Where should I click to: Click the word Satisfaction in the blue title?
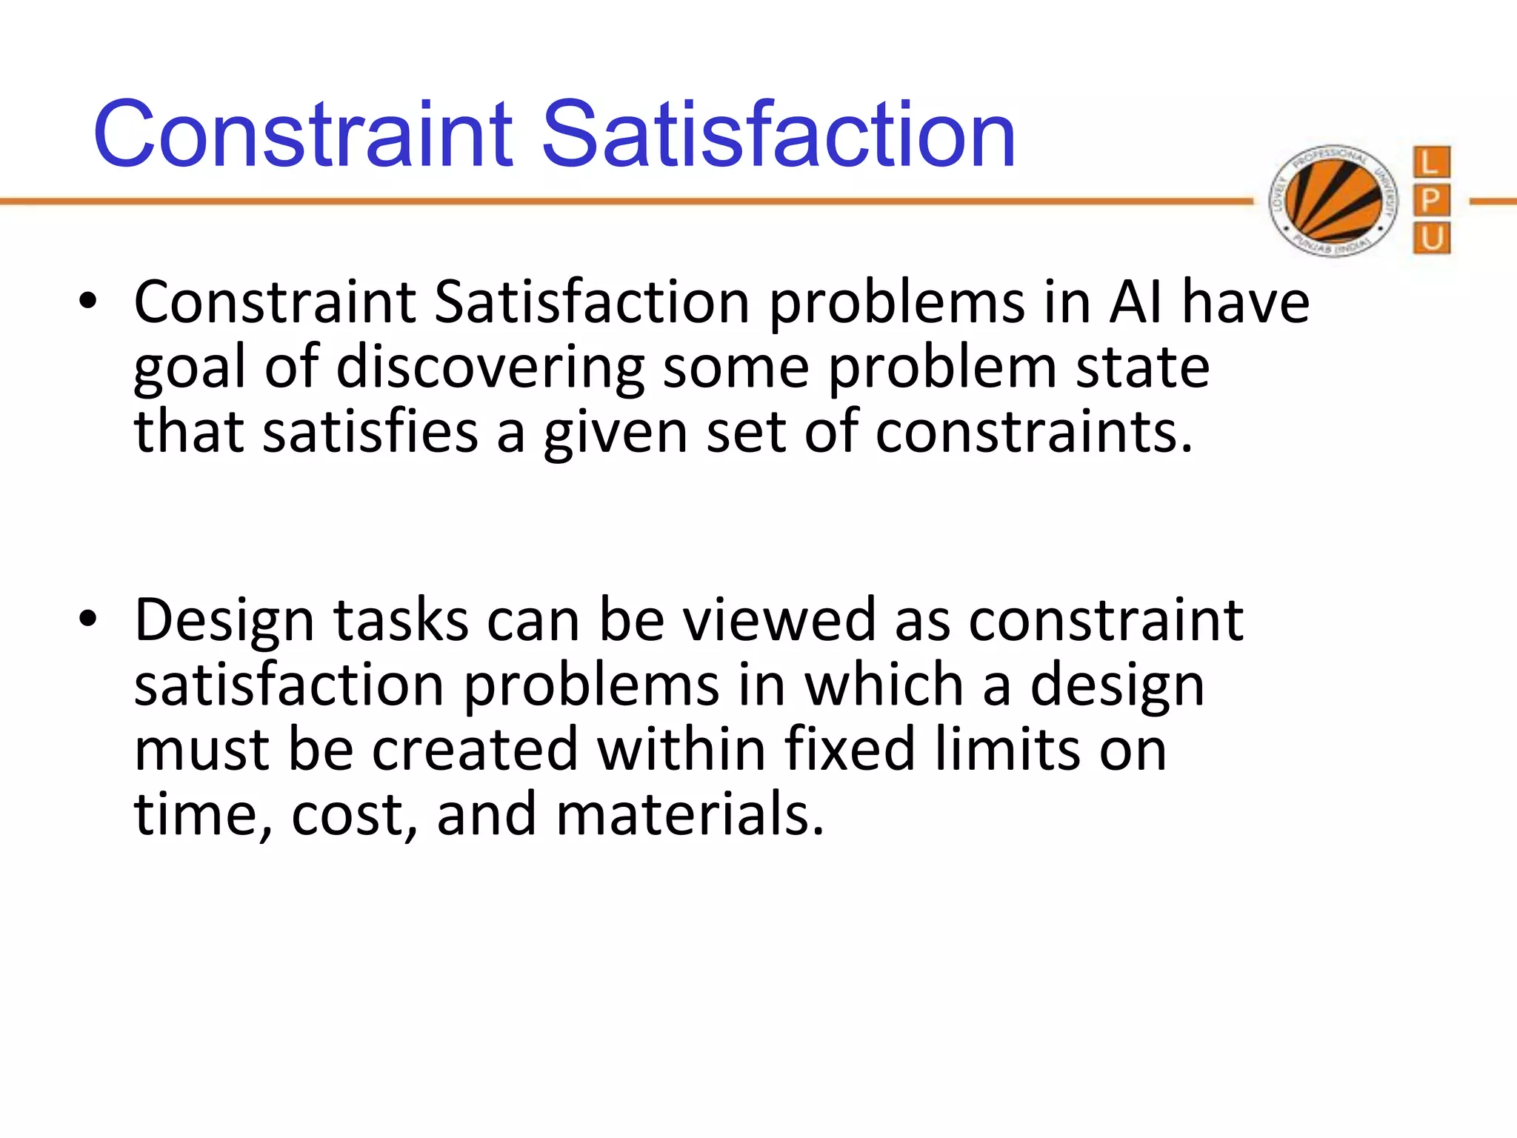[x=778, y=135]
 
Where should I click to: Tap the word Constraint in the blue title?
[x=303, y=135]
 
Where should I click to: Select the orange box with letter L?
[x=1431, y=162]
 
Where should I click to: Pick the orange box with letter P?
[x=1431, y=201]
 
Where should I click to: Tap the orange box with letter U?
[x=1431, y=239]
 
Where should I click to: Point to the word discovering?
[x=490, y=368]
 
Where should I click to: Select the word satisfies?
[x=370, y=432]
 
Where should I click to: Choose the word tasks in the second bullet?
[x=401, y=620]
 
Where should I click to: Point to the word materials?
[x=690, y=814]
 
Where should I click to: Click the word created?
[x=474, y=750]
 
